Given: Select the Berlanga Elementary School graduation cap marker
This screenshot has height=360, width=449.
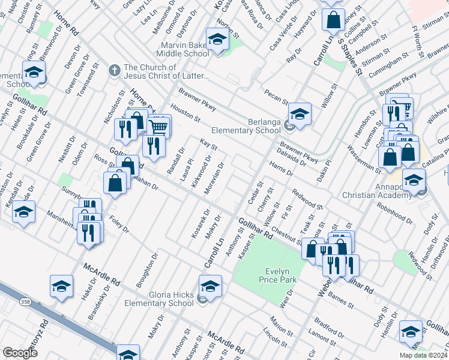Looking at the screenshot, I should click(300, 112).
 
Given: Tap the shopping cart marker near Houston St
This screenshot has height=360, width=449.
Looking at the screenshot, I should click(158, 126).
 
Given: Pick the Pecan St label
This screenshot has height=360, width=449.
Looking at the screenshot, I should click(276, 95).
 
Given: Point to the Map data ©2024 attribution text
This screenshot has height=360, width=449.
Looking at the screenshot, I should click(423, 355).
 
